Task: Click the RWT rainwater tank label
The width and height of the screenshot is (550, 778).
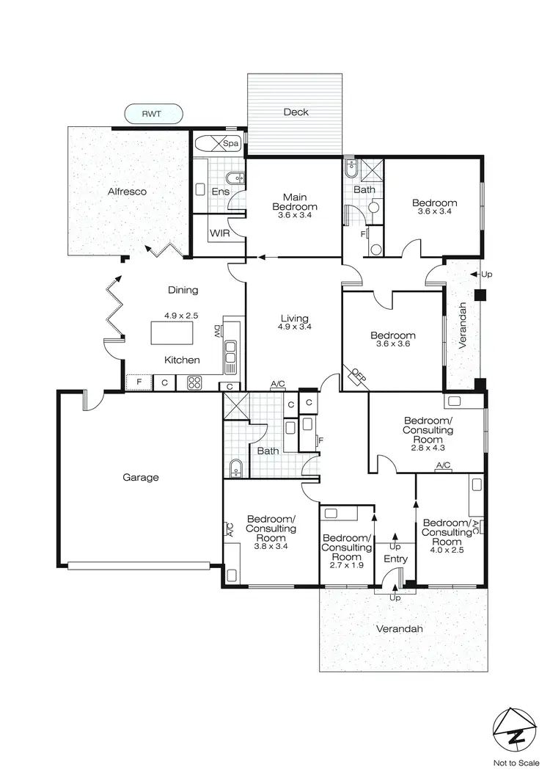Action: (153, 114)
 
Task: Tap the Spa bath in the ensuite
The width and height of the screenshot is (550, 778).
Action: (218, 143)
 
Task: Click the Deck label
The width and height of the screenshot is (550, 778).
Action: (296, 112)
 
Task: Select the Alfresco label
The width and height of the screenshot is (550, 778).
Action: (127, 192)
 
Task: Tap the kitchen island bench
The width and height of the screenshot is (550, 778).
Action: (173, 332)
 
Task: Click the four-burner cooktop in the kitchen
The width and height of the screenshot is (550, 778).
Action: (195, 382)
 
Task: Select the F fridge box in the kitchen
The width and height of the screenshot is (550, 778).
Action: (139, 382)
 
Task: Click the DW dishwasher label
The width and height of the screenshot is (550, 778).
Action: (218, 332)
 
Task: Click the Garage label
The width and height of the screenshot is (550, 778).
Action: (140, 477)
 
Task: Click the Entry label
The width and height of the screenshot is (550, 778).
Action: (395, 559)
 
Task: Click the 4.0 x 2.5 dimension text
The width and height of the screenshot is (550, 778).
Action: (447, 550)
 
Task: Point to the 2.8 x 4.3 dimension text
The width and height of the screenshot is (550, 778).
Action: (428, 447)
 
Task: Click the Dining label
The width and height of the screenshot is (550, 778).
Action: (183, 290)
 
